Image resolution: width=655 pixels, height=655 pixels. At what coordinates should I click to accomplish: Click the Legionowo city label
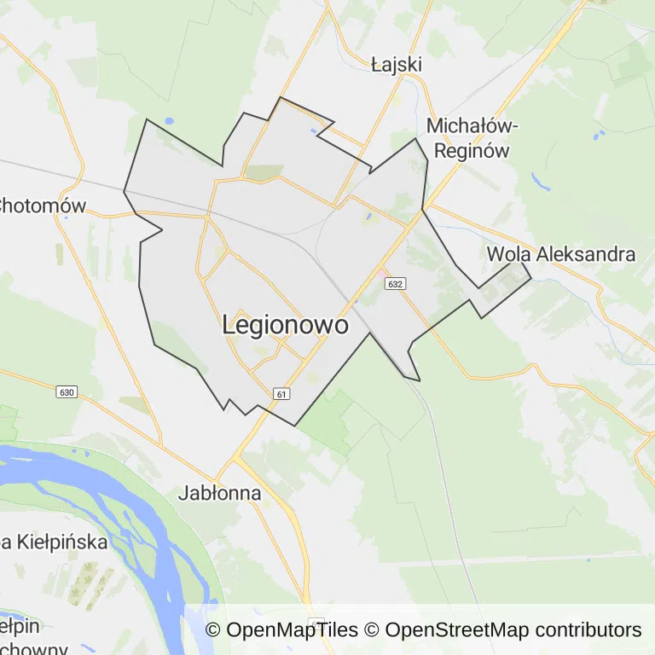click(x=285, y=325)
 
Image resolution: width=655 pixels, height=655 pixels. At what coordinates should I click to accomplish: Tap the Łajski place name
click(x=397, y=65)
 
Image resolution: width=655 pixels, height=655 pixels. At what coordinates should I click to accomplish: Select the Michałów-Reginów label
click(x=472, y=138)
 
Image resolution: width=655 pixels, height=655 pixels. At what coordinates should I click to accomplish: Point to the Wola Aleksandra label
click(x=560, y=254)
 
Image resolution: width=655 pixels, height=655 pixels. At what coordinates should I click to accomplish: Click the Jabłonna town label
click(x=219, y=493)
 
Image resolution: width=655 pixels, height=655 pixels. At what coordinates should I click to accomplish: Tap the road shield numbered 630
click(x=68, y=392)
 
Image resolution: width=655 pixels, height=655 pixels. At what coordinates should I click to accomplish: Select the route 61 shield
click(x=281, y=393)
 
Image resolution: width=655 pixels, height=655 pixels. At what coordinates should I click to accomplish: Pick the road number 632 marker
click(x=394, y=283)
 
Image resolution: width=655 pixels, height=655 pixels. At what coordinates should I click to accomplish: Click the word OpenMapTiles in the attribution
click(x=293, y=630)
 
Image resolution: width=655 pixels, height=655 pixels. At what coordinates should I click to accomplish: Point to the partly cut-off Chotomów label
click(x=43, y=206)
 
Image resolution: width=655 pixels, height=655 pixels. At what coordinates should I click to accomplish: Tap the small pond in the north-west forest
click(x=168, y=121)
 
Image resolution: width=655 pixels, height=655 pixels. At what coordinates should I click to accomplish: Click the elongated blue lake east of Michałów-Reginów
click(x=541, y=182)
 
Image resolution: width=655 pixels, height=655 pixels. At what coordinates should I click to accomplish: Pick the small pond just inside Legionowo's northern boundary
click(x=315, y=131)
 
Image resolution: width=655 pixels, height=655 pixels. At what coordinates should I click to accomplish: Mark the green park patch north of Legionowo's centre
click(x=263, y=172)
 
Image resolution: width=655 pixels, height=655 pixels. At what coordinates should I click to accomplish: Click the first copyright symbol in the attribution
click(x=213, y=630)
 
